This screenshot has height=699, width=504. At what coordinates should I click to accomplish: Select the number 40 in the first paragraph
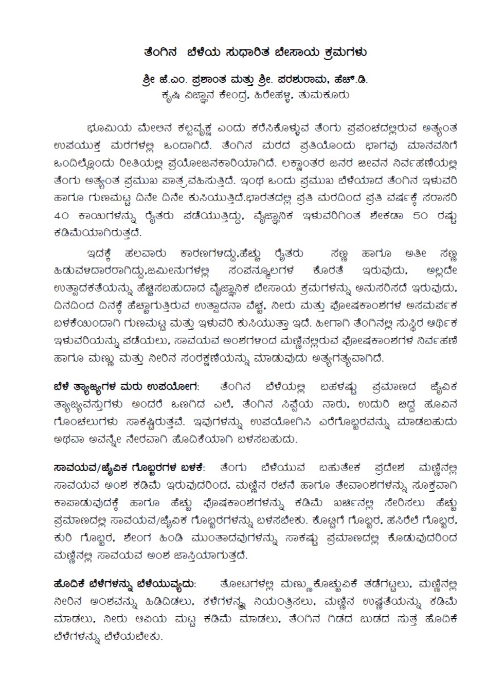pos(65,216)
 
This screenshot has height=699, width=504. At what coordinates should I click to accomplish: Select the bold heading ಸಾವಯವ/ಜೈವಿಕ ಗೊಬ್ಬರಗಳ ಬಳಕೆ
pos(129,468)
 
